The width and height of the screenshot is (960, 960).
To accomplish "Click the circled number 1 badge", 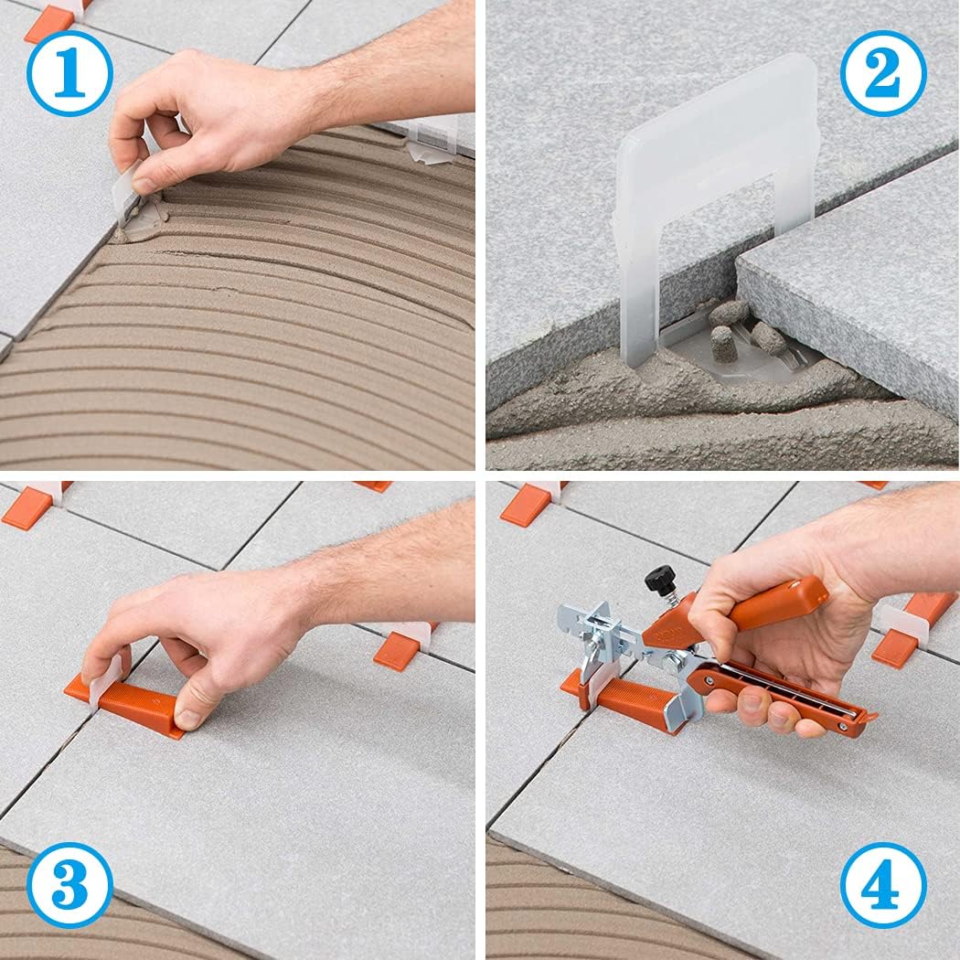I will pos(69,72).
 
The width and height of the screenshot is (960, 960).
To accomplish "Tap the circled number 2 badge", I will pos(883,72).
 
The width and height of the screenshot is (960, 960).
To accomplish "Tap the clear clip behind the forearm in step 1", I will pos(430,137).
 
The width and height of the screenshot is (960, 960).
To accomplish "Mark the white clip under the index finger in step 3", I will pos(105,677).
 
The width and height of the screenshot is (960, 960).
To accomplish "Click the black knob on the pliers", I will pos(660,579).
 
